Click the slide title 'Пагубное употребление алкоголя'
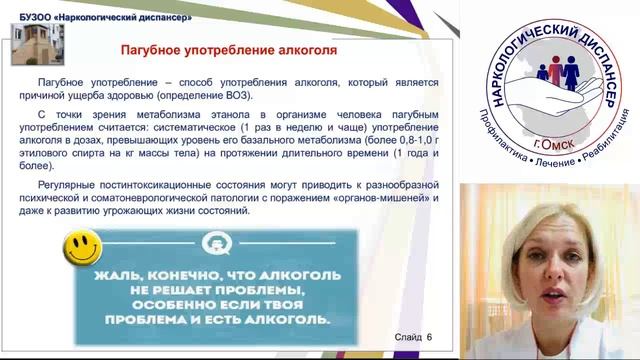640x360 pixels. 227,49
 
